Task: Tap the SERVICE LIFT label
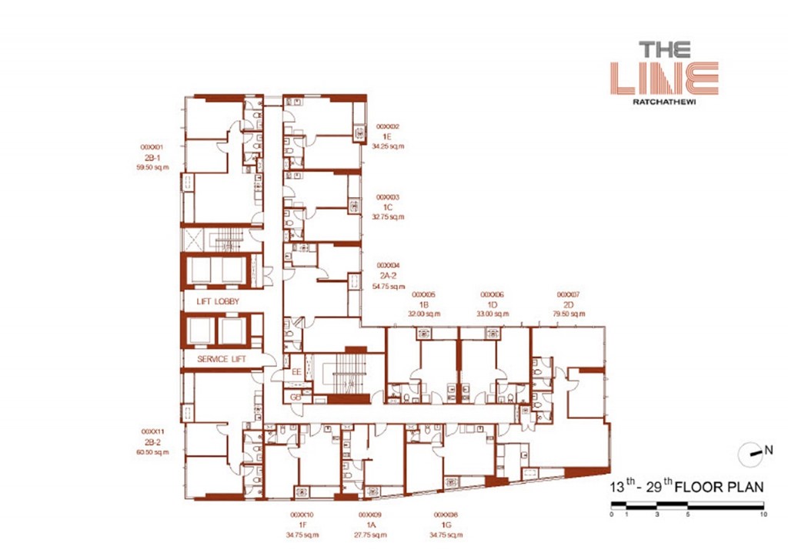click(x=219, y=360)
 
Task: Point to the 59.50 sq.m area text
click(x=152, y=166)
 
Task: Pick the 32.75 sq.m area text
click(x=387, y=216)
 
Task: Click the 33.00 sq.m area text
click(x=492, y=314)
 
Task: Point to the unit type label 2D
click(x=568, y=304)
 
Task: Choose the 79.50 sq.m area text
click(x=568, y=314)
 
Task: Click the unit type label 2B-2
click(x=152, y=442)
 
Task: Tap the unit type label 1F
click(x=302, y=524)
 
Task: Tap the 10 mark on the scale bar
click(x=763, y=514)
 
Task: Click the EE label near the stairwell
click(x=295, y=373)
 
